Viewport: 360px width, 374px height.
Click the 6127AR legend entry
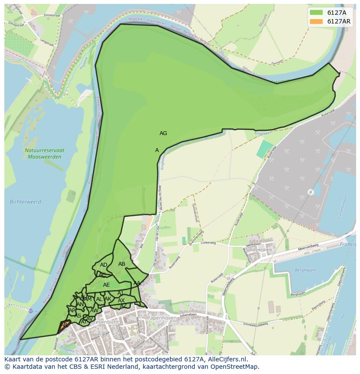[x=330, y=21]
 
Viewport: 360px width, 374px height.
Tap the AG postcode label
[x=163, y=133]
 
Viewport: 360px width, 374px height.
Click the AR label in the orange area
[x=64, y=325]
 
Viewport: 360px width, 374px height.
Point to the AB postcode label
[x=122, y=264]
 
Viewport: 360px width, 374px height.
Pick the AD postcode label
[x=103, y=265]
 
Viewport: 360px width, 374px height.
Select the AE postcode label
[x=107, y=285]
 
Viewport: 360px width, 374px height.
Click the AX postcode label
[x=121, y=301]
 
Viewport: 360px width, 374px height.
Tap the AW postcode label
[x=94, y=310]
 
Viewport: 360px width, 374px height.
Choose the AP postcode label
[x=72, y=310]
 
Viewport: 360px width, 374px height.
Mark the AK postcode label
[x=108, y=299]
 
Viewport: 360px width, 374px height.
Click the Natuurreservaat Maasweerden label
[x=45, y=153]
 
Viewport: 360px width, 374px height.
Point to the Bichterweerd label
[x=25, y=202]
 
